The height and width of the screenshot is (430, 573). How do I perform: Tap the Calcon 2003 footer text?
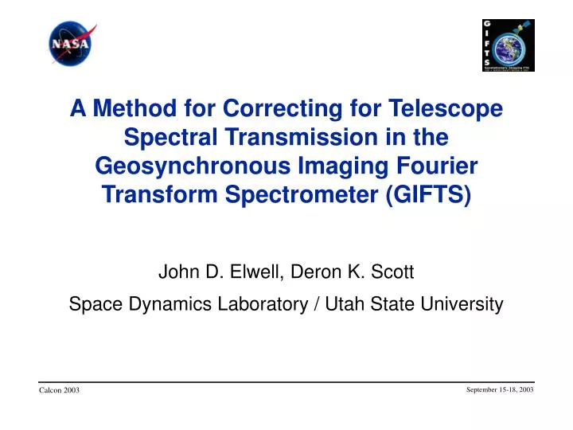coord(59,389)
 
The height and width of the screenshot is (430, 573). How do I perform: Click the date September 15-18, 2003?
coord(499,388)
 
